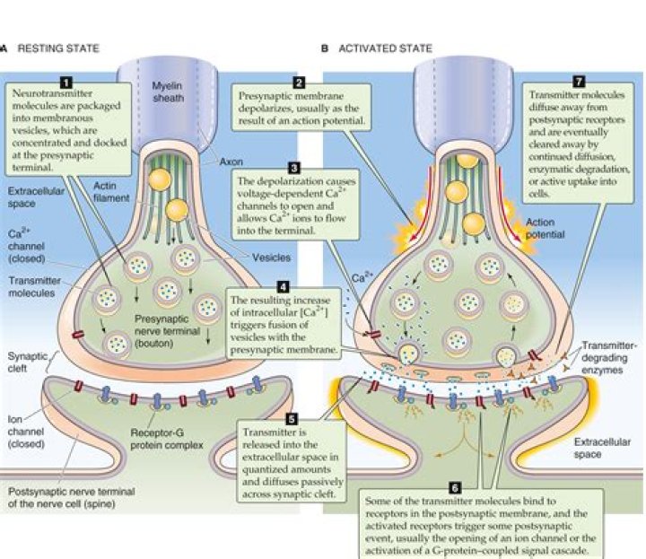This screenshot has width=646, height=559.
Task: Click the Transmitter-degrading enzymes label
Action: point(608,357)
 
